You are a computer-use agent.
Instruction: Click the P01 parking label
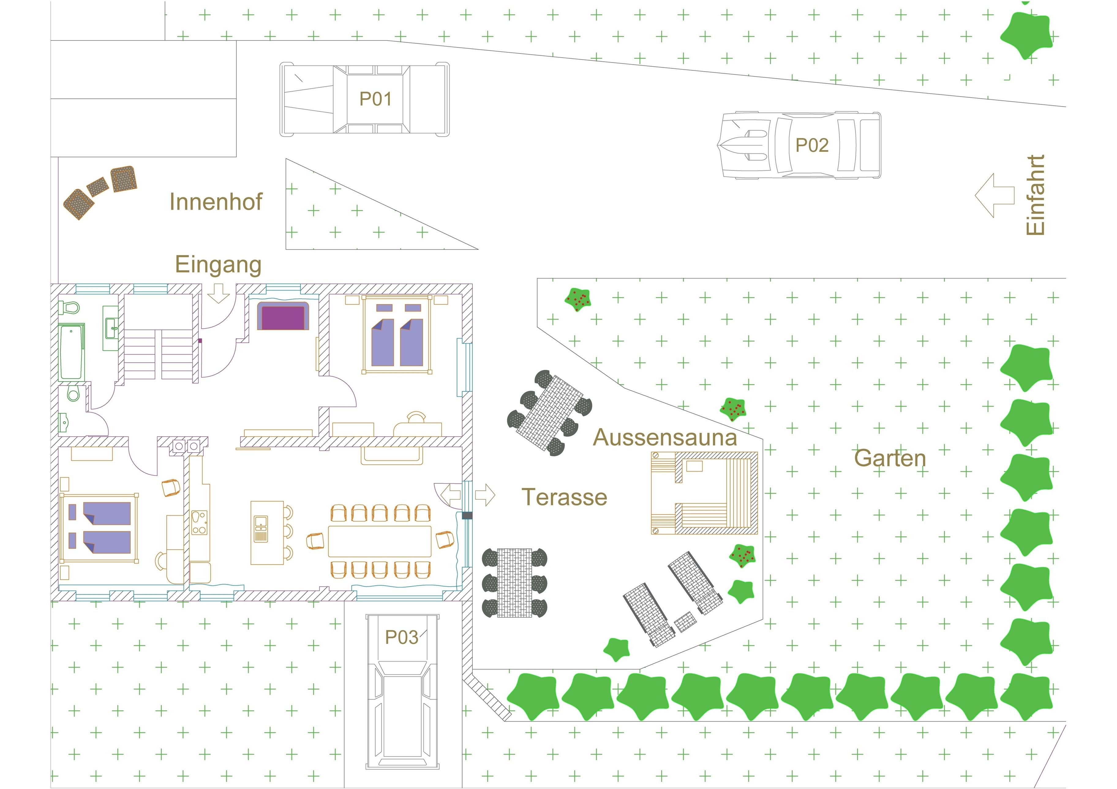coord(375,99)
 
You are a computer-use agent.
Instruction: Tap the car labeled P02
coord(801,145)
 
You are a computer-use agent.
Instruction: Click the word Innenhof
coord(216,202)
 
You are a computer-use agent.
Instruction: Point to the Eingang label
coord(218,265)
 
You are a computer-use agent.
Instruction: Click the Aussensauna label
coord(664,437)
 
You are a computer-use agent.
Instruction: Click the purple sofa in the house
coord(283,316)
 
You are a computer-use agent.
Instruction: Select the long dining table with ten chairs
coord(379,541)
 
